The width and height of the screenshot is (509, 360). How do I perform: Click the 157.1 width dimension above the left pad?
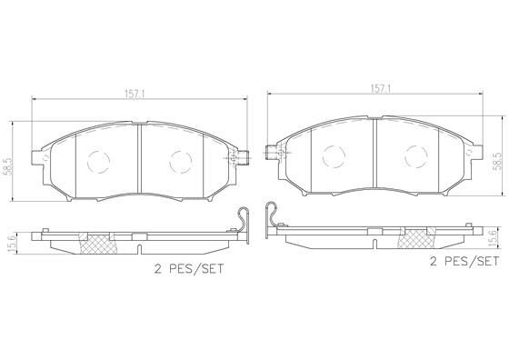coord(135,95)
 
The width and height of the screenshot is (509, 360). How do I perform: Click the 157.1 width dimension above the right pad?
coord(381,89)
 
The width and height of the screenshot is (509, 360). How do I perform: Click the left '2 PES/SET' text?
coord(189,269)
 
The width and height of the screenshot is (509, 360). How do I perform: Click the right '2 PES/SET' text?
coord(464,261)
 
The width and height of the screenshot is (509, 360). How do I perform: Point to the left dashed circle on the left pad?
coord(99,162)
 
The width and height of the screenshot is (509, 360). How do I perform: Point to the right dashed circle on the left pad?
coord(181,162)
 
